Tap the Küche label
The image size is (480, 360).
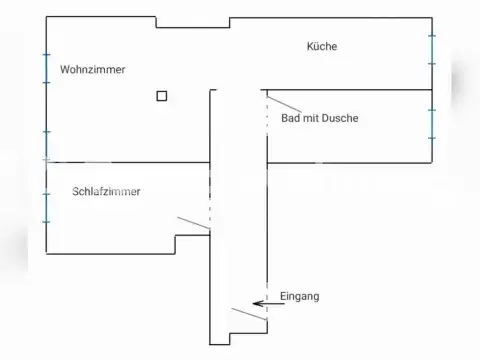(322, 46)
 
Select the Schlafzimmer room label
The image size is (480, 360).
(106, 191)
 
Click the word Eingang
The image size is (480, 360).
(300, 297)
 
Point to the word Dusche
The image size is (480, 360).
(339, 118)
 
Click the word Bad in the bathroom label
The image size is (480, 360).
(291, 118)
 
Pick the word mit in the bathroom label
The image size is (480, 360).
(311, 118)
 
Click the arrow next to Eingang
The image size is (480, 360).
(266, 302)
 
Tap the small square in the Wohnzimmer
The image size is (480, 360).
(162, 96)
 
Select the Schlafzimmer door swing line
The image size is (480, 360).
(193, 223)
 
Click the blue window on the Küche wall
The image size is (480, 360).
(432, 49)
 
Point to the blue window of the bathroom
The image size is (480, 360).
(432, 123)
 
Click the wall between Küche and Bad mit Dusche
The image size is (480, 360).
(350, 91)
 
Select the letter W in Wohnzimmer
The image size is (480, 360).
(65, 70)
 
